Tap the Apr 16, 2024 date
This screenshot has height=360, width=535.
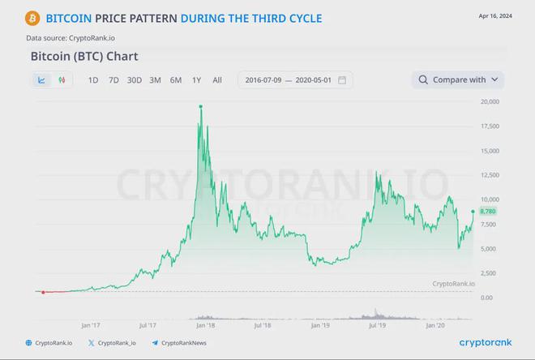click(x=495, y=16)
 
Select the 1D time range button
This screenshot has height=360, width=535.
click(x=93, y=79)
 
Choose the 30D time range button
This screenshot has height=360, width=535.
click(x=134, y=79)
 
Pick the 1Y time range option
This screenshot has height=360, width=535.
click(x=196, y=79)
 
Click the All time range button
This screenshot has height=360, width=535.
click(x=217, y=79)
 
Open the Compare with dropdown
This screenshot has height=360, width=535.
click(x=458, y=79)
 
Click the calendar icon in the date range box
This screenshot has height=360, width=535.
click(x=342, y=79)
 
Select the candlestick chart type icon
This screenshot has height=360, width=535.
click(x=61, y=79)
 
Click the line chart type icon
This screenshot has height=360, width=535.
click(x=41, y=79)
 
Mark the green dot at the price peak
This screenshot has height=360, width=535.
click(x=200, y=106)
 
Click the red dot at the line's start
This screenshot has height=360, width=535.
click(x=42, y=292)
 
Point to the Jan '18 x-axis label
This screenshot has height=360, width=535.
click(x=205, y=325)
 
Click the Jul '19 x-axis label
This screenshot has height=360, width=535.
click(x=377, y=325)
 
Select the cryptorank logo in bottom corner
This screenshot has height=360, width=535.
click(x=485, y=343)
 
